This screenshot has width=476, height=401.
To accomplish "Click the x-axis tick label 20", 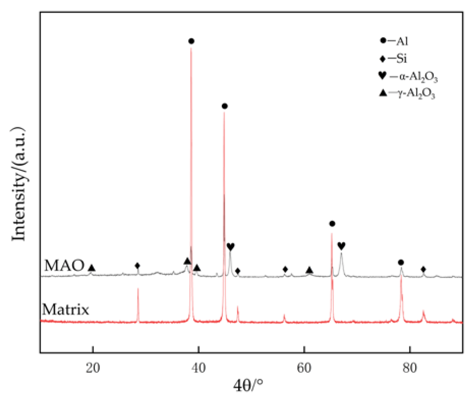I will coord(93,368).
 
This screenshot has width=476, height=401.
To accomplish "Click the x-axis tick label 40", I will coord(199,368).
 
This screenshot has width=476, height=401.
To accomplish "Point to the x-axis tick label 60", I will coord(304,368).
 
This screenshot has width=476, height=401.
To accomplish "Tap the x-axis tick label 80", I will coord(409,368).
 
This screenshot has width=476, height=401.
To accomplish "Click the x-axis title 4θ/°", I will coord(248,385).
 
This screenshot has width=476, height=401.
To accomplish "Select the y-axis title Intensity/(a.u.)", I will coord(19,184).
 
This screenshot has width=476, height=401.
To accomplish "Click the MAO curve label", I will coord(64,265).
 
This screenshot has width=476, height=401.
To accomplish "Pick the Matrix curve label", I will coord(65,310).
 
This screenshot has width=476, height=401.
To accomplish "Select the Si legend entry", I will coord(394,59).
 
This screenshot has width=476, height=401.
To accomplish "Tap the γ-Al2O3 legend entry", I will coord(407,93).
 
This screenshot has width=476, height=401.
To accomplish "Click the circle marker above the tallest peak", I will coord(191,41).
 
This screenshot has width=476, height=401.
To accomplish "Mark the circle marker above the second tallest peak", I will coord(224,106).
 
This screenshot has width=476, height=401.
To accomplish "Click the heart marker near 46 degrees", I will coord(231,246).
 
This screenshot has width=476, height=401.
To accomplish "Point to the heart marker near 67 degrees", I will coord(341,246).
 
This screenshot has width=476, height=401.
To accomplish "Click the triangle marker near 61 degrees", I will coord(309,270).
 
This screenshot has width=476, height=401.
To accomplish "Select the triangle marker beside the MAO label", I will coord(91,268).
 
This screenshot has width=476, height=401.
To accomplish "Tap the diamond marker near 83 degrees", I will coord(423,269).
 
